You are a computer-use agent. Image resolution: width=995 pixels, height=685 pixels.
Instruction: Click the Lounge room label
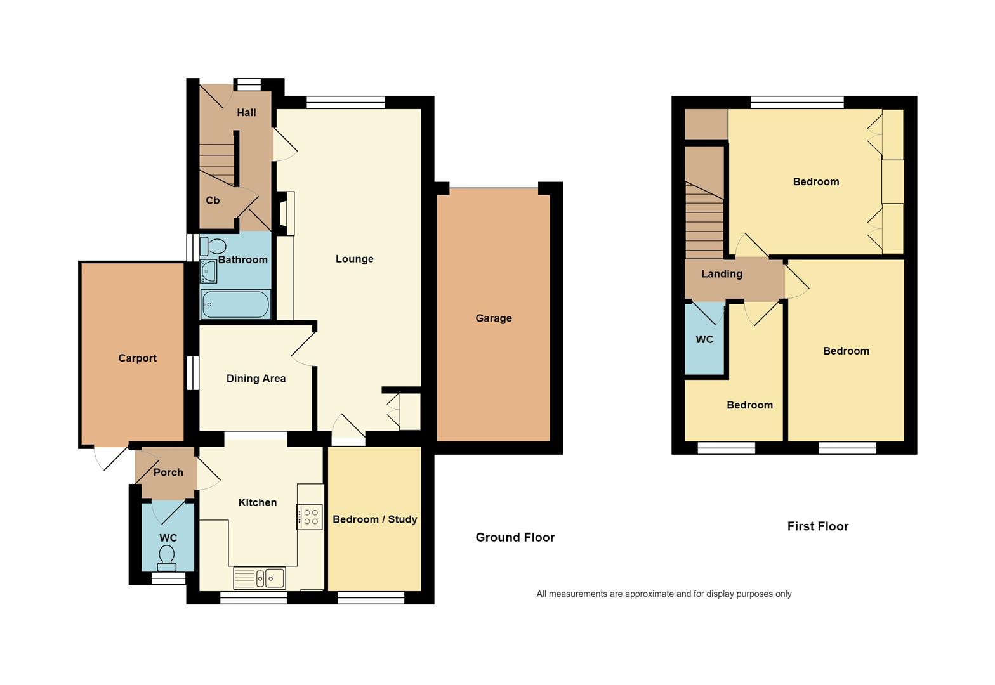[354, 259]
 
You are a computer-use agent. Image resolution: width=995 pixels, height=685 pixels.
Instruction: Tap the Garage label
[494, 318]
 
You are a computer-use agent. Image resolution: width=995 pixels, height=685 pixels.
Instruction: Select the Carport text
[137, 358]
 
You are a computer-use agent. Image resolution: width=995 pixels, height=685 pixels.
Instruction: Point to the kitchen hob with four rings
[310, 517]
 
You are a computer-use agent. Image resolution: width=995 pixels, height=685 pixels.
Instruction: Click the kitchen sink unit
[260, 578]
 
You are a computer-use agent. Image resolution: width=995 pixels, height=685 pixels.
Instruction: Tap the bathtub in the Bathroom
[235, 304]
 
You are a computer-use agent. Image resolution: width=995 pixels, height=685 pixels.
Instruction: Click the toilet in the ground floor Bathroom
[213, 246]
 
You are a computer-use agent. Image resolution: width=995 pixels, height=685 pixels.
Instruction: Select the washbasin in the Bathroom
[208, 271]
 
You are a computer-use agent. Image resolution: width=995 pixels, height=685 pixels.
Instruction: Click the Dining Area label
[256, 379]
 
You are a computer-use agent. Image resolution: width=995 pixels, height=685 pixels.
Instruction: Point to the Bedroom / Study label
[375, 519]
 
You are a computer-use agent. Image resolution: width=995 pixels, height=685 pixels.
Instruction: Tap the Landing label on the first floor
[722, 275]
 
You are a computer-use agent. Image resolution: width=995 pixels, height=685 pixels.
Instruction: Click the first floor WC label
[704, 339]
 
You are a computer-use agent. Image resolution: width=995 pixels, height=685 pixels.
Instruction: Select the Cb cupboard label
[213, 200]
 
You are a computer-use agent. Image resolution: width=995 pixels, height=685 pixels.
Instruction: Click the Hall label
[246, 113]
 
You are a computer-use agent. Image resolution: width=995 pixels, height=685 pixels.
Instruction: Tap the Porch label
[168, 473]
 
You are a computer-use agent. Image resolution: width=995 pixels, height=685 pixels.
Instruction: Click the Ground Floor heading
[515, 538]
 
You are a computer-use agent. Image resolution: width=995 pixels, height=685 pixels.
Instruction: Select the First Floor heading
[818, 526]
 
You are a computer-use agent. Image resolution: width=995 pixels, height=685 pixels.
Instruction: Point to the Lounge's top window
[346, 103]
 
